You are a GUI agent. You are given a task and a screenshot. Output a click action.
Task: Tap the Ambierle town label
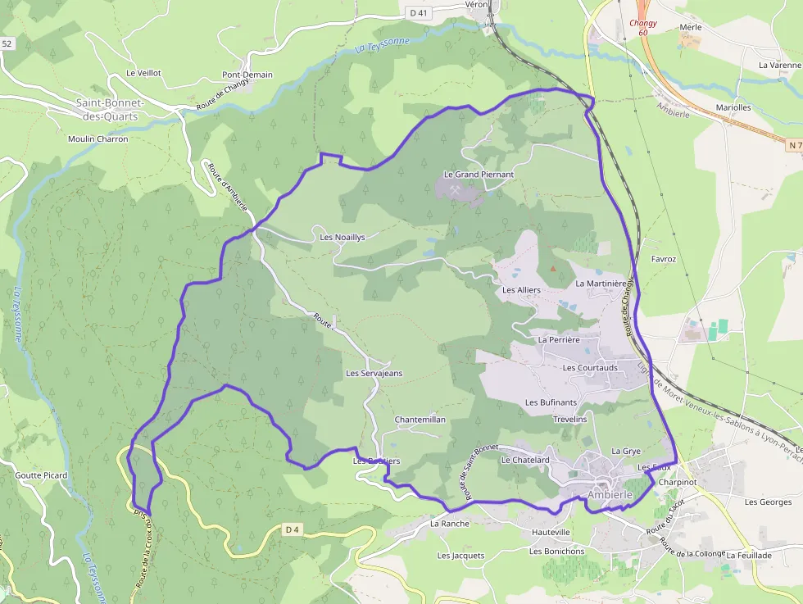[x=611, y=495]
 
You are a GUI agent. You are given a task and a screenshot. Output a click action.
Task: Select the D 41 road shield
[x=419, y=12]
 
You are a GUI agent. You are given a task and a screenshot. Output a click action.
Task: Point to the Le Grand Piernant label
[x=479, y=175]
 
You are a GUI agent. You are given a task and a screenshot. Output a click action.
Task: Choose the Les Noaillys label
[x=342, y=237]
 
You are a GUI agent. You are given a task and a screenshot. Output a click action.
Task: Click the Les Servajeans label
[x=374, y=373]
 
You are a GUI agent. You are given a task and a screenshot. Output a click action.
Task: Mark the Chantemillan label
[x=420, y=419]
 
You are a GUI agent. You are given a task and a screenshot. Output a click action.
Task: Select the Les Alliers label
[x=521, y=290]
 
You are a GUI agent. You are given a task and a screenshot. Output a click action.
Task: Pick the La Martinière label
[x=601, y=284]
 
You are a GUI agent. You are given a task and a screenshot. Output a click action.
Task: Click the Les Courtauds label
[x=590, y=368]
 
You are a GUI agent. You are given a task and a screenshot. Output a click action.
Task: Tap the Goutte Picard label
[x=41, y=475]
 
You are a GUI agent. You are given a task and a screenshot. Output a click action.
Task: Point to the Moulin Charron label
[x=98, y=139]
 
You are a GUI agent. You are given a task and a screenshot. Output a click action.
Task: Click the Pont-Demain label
[x=247, y=75]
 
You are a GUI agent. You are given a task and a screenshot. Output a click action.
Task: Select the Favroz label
[x=663, y=259]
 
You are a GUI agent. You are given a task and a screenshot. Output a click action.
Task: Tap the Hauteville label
[x=550, y=532]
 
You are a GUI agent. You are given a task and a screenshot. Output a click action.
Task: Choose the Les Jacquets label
[x=460, y=556]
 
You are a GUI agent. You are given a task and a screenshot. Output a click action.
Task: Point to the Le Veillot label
[x=143, y=73]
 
